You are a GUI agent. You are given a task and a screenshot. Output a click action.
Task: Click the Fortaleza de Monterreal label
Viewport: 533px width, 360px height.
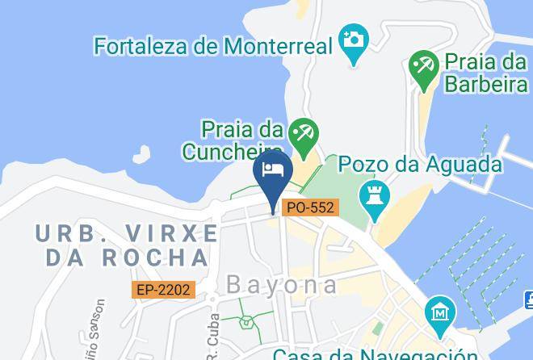coord(213,46)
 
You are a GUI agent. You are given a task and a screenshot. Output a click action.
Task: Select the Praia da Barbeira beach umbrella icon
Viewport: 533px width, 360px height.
coord(422,65)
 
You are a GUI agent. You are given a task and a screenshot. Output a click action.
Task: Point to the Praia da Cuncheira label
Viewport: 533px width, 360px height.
coord(233,140)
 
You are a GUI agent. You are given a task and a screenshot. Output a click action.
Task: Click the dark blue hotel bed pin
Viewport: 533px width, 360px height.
coord(273,173)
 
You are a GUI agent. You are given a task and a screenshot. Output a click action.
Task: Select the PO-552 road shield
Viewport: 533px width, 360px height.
coord(310,207)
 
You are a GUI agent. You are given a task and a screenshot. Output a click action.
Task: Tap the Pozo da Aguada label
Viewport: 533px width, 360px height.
coord(420,165)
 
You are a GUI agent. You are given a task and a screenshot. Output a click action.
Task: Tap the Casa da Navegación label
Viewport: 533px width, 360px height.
coord(376,354)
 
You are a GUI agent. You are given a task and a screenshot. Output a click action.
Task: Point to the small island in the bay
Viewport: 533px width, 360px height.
coord(142,153)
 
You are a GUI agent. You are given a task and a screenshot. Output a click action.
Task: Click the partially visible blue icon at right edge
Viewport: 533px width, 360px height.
coord(528,300)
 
